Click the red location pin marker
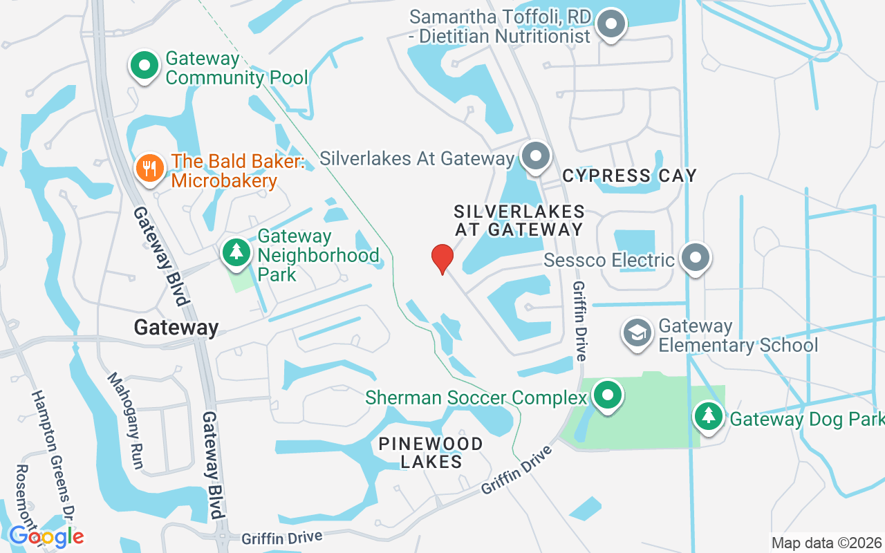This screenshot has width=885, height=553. tap(442, 259)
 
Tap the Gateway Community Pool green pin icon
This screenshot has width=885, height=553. tap(145, 66)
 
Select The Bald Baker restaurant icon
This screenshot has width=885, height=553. tap(149, 167)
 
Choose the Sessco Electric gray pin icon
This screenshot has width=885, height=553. tap(695, 258)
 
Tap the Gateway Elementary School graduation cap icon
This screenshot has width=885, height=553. tap(637, 332)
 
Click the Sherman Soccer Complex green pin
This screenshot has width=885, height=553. tap(608, 395)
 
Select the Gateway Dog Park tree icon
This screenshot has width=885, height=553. tap(709, 416)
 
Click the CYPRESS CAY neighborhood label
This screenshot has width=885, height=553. tap(629, 176)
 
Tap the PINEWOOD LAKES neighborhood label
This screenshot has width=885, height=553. tap(431, 453)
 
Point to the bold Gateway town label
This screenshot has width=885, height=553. tap(176, 328)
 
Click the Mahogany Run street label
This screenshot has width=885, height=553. tap(125, 420)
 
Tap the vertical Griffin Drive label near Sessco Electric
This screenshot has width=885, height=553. tap(579, 321)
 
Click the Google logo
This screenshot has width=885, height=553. tap(46, 536)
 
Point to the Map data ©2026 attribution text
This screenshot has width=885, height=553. tap(826, 543)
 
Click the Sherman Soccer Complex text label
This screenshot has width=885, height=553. tap(476, 398)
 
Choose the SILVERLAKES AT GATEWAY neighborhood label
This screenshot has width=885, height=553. tap(519, 221)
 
